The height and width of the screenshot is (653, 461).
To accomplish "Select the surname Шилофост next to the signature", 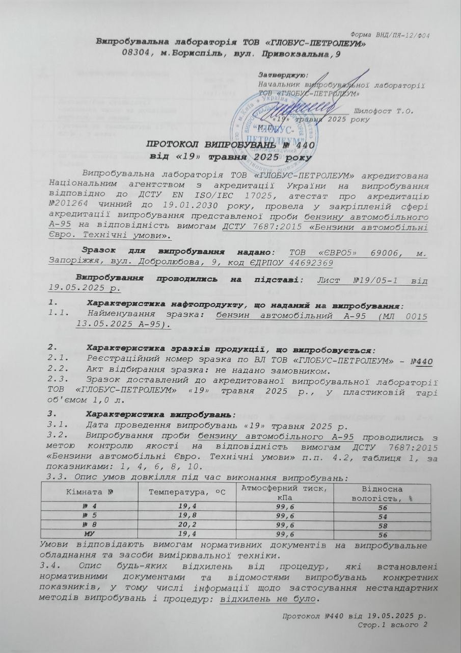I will click(377, 110).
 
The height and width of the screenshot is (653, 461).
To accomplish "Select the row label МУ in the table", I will click(86, 534).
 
